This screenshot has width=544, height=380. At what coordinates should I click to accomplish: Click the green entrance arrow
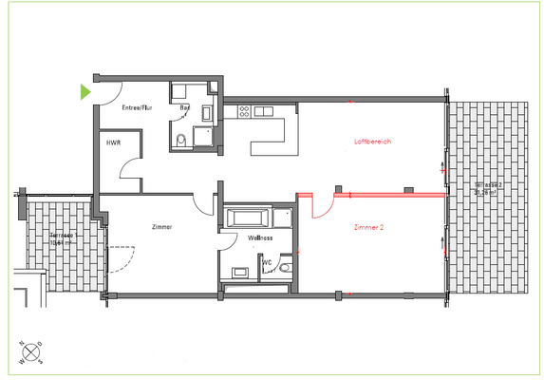85,92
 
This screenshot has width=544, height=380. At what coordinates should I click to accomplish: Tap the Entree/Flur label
137,108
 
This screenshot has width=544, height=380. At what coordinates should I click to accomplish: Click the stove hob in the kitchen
244,110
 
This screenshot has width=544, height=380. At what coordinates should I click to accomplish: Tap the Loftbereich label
372,142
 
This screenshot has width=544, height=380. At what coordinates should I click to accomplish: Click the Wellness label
260,237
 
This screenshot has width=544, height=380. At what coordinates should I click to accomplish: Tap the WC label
268,261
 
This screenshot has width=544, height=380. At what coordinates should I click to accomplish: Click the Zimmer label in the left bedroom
161,228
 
